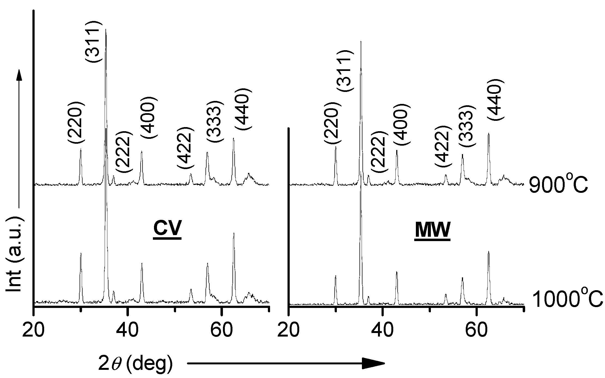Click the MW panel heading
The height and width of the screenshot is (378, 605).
pyautogui.click(x=432, y=230)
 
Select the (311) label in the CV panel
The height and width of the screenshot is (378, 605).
pyautogui.click(x=94, y=41)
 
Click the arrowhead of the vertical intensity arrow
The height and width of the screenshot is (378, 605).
pyautogui.click(x=19, y=75)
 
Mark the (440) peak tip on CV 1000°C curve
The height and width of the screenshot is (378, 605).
pyautogui.click(x=234, y=233)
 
